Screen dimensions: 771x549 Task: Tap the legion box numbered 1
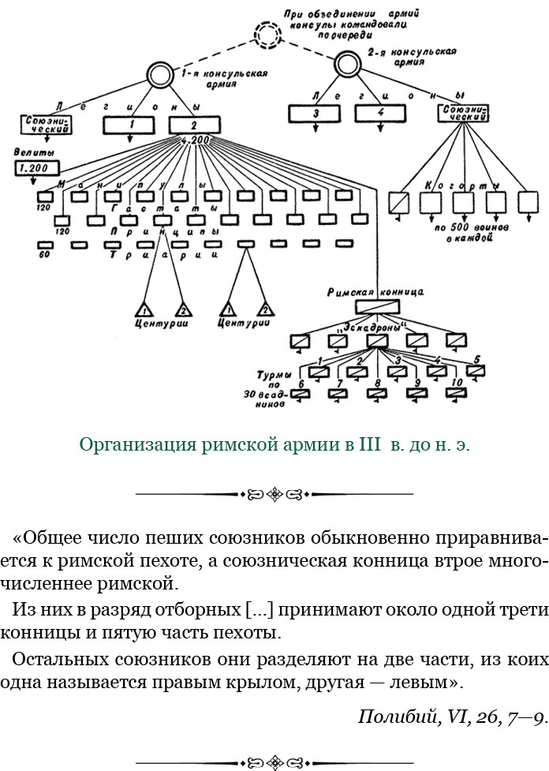click(132, 125)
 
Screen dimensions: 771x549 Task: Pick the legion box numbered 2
click(194, 125)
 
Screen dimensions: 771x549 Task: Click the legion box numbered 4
click(380, 114)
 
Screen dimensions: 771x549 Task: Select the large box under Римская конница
click(378, 308)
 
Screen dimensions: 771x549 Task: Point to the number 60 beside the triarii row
click(45, 255)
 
